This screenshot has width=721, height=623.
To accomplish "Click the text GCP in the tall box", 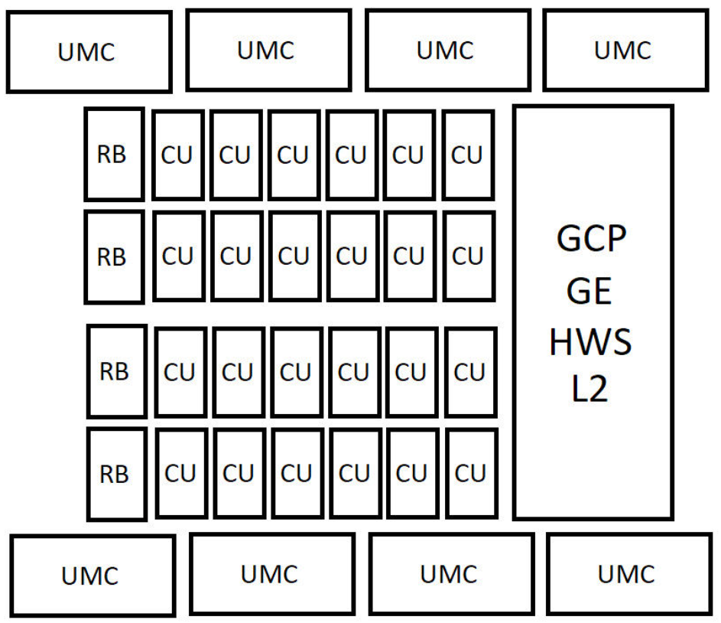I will (x=592, y=242).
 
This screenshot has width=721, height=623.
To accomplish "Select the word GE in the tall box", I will (x=591, y=292).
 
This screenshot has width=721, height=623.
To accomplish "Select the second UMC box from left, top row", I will (x=268, y=51).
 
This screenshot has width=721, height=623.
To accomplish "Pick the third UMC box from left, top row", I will (x=446, y=51).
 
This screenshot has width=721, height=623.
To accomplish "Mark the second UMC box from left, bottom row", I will (x=271, y=573).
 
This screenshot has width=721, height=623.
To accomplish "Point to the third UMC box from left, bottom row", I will (x=450, y=573).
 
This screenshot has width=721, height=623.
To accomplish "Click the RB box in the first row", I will (x=113, y=154).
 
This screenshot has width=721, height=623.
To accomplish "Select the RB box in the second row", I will (x=113, y=256).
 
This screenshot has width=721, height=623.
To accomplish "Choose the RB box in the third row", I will (x=116, y=372).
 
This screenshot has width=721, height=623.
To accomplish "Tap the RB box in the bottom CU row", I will (x=116, y=474).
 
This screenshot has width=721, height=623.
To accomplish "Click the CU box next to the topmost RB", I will (x=178, y=155).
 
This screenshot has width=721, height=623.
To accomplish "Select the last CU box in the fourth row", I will (x=471, y=473).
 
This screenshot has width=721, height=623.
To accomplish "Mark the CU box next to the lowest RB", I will (x=180, y=473).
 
